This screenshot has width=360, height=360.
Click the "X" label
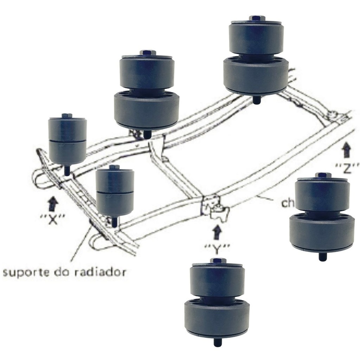pyautogui.click(x=52, y=219)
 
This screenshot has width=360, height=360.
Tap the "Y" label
pyautogui.click(x=217, y=249)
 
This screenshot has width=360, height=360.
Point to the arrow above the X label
pyautogui.click(x=53, y=203)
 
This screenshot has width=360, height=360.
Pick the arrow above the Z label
pyautogui.click(x=347, y=150)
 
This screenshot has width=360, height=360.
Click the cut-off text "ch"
pyautogui.click(x=286, y=203)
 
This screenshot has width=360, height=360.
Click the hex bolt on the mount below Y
pyautogui.click(x=218, y=261)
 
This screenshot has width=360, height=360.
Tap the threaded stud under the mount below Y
pyautogui.click(x=218, y=342)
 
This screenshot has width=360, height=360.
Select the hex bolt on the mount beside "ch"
pyautogui.click(x=323, y=175)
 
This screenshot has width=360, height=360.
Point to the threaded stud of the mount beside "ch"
pyautogui.click(x=322, y=256)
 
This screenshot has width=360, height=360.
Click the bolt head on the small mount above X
pyautogui.click(x=67, y=116)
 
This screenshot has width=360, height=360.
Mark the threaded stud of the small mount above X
pyautogui.click(x=67, y=171)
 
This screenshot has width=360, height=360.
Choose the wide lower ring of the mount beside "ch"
pyautogui.click(x=322, y=232)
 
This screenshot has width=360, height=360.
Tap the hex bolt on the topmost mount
pyautogui.click(x=257, y=18)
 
